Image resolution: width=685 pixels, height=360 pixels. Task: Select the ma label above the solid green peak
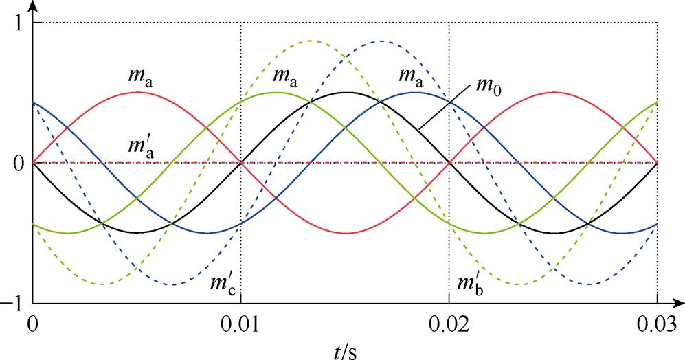pyautogui.click(x=285, y=75)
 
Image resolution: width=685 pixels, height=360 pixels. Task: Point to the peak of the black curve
pyautogui.click(x=345, y=93)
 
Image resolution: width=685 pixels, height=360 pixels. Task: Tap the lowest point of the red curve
pyautogui.click(x=345, y=233)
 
